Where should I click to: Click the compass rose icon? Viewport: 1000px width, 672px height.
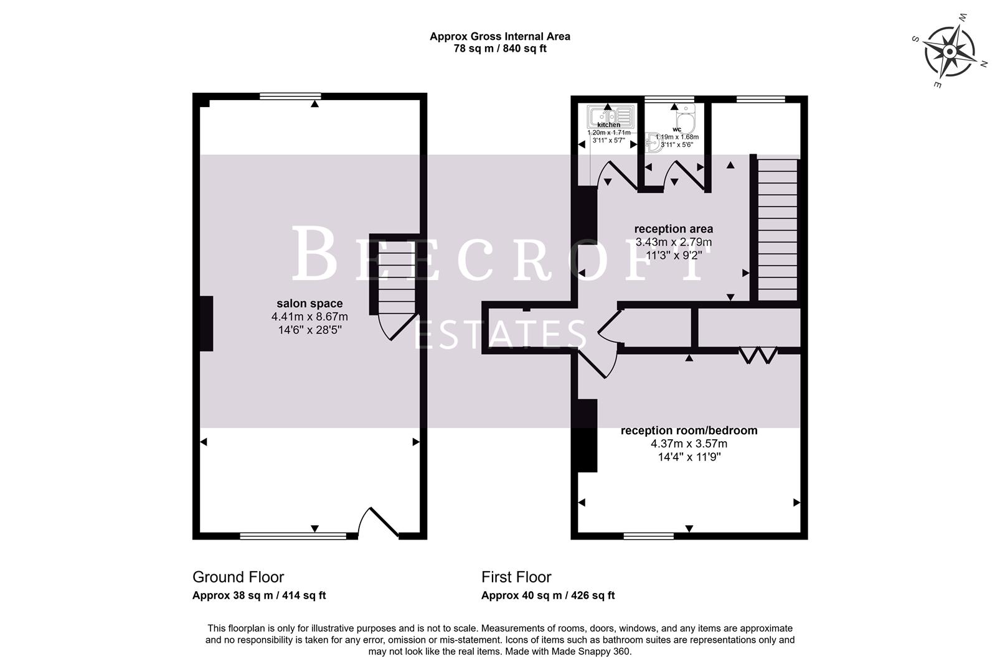click(949, 50)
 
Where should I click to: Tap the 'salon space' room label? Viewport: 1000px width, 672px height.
click(309, 304)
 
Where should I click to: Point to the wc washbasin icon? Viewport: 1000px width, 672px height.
click(653, 144)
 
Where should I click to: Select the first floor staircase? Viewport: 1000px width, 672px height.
click(777, 228)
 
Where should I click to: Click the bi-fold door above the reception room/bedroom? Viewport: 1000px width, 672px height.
click(758, 355)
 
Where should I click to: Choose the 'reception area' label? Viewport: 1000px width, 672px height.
click(673, 229)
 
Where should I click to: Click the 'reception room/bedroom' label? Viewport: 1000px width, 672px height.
click(689, 431)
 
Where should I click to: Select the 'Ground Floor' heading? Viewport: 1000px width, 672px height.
click(238, 577)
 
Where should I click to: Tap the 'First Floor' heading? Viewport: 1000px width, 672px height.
click(516, 577)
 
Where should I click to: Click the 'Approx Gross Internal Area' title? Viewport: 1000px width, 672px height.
click(499, 36)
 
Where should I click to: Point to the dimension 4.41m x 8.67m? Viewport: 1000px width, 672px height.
click(309, 317)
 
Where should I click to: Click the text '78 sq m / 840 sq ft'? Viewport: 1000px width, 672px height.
click(499, 49)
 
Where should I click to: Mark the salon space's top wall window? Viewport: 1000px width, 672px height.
click(290, 96)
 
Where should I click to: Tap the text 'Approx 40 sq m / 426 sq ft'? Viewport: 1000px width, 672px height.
click(547, 595)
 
